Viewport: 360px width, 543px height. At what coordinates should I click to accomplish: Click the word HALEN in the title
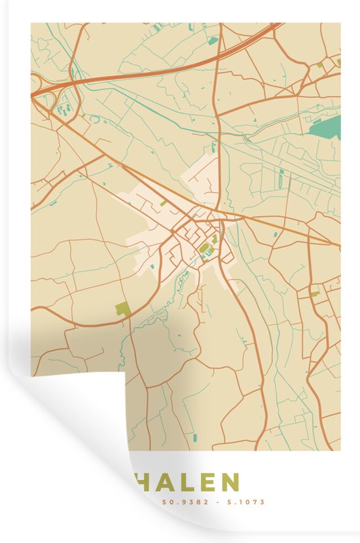[186, 483]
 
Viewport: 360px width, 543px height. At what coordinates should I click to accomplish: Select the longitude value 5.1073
[243, 503]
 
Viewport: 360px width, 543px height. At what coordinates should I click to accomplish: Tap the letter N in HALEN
[229, 483]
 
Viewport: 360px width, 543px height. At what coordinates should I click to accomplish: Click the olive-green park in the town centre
[204, 247]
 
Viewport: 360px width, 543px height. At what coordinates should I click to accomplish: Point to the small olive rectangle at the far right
[315, 294]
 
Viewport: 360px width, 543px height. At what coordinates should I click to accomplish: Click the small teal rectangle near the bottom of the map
[194, 437]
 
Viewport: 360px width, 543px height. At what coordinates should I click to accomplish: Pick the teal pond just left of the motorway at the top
[213, 41]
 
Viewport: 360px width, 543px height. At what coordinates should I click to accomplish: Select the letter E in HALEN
[206, 483]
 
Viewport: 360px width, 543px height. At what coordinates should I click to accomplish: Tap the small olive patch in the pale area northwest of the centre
[163, 204]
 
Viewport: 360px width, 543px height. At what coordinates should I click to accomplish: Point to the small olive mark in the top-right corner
[338, 62]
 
